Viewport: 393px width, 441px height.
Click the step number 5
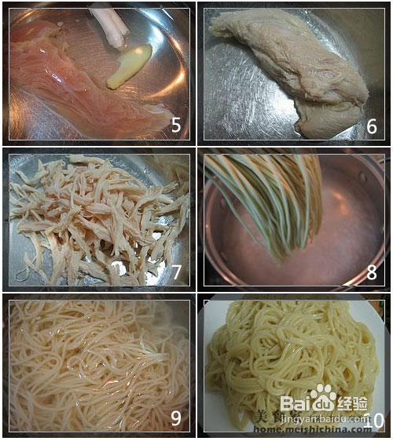pos(176,125)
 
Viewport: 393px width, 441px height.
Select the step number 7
pos(176,272)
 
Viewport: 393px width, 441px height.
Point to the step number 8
pos(372,272)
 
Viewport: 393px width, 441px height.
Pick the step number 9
pos(176,418)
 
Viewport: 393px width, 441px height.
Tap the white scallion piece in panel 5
pos(110,24)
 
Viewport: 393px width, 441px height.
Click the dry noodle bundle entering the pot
pos(267,196)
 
